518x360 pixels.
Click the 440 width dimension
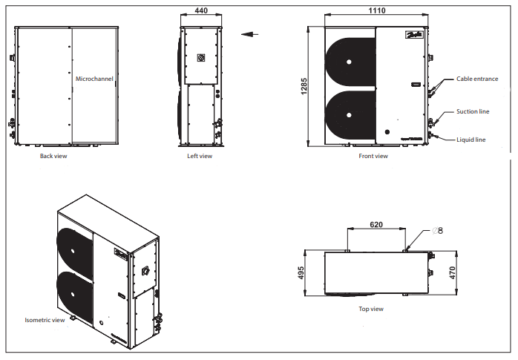(x=200, y=12)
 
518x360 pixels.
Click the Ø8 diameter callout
(x=437, y=231)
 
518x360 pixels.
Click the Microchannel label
(x=94, y=78)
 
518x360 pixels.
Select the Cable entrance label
(x=477, y=79)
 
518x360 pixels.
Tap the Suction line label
(x=472, y=111)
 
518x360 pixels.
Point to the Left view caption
(x=200, y=157)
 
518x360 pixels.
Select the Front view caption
(x=373, y=157)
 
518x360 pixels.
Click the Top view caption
(x=371, y=309)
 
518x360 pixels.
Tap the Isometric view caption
(x=45, y=321)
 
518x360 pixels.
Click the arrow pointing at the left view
(x=249, y=33)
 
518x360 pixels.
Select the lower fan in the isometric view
(x=74, y=294)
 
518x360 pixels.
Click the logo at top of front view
(x=413, y=35)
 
